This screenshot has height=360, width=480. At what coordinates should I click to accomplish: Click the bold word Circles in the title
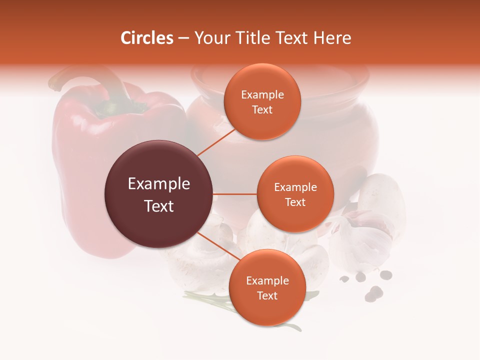coord(147,38)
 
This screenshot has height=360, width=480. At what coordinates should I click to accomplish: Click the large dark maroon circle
coord(159,194)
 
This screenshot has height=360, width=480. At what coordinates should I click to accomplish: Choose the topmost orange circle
coord(262,101)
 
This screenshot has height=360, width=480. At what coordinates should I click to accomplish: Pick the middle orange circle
coord(295,194)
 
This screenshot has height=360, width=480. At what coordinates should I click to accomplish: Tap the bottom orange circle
coord(267,287)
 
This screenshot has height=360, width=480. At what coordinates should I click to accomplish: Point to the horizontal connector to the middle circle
coord(235,194)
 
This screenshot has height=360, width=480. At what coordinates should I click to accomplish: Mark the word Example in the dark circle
coord(159,184)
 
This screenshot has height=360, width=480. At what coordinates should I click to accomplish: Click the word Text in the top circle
coord(262,109)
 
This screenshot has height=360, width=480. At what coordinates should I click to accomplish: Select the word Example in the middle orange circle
coord(295,187)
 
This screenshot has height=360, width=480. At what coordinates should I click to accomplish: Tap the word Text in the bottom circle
coord(267,295)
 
